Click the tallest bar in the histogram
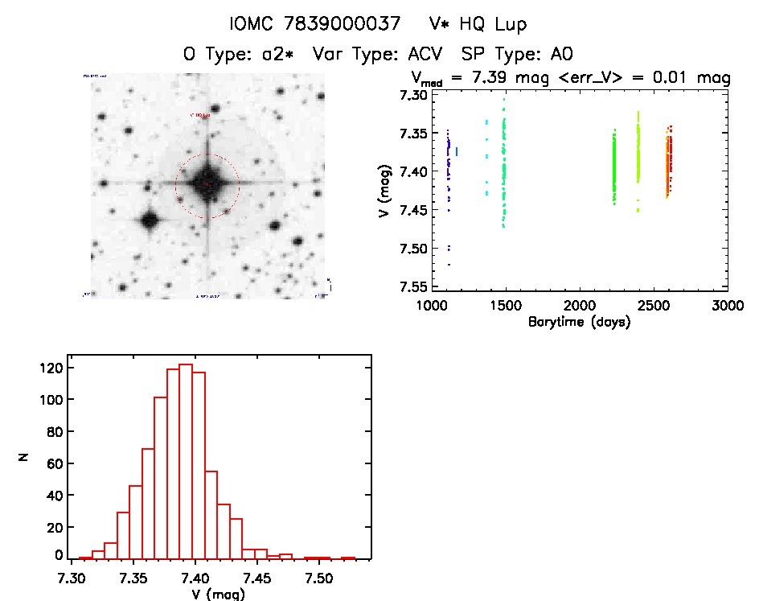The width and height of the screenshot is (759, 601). (186, 461)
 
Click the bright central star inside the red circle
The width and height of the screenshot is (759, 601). (207, 183)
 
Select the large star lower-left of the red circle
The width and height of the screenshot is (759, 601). (149, 220)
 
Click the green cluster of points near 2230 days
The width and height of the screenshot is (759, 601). (614, 167)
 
